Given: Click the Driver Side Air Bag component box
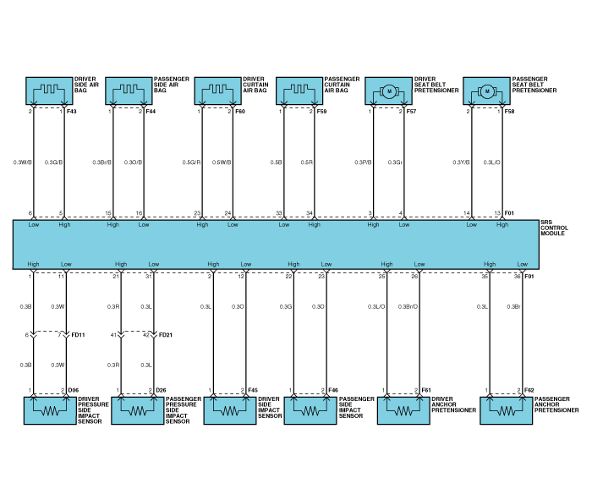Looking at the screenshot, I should click(x=48, y=91).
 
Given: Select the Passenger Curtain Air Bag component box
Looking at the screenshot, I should click(x=299, y=91).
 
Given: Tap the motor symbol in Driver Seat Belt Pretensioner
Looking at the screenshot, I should click(x=390, y=91).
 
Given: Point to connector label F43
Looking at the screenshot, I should click(x=72, y=112).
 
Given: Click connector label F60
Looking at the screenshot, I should click(x=240, y=112).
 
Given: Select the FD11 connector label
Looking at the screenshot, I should click(x=78, y=336).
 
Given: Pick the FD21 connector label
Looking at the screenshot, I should click(x=166, y=336).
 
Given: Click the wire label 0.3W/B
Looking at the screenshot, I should click(x=23, y=162).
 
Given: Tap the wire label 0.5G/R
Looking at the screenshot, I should click(x=192, y=162).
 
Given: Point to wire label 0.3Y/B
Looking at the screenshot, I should click(x=461, y=162).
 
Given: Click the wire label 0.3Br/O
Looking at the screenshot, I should click(x=408, y=306).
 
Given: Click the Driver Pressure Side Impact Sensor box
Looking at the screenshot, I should click(x=48, y=410).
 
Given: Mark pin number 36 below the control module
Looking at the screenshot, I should click(x=518, y=277).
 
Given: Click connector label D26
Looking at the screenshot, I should click(x=161, y=391).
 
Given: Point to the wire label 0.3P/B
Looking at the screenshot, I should click(x=363, y=162).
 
